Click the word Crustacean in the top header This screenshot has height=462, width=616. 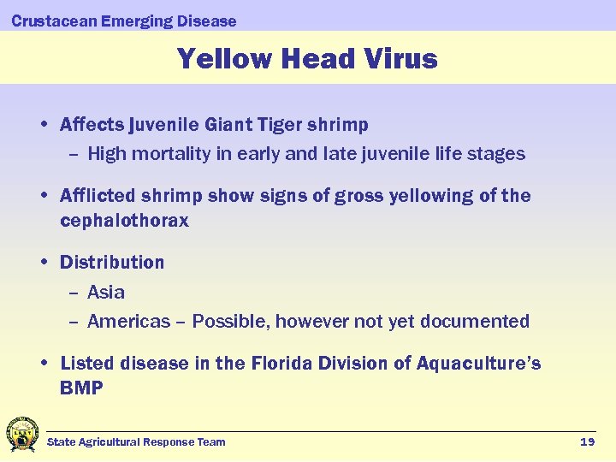[53, 21]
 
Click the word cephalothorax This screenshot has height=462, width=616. [124, 221]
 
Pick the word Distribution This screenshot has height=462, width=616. [112, 262]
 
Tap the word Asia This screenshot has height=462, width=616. [105, 292]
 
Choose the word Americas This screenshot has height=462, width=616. [128, 322]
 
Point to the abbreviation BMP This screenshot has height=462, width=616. [81, 388]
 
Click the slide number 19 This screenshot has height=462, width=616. [587, 441]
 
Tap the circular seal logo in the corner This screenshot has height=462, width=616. [21, 435]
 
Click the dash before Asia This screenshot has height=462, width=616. [74, 293]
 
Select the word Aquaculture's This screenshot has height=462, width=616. [478, 364]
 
